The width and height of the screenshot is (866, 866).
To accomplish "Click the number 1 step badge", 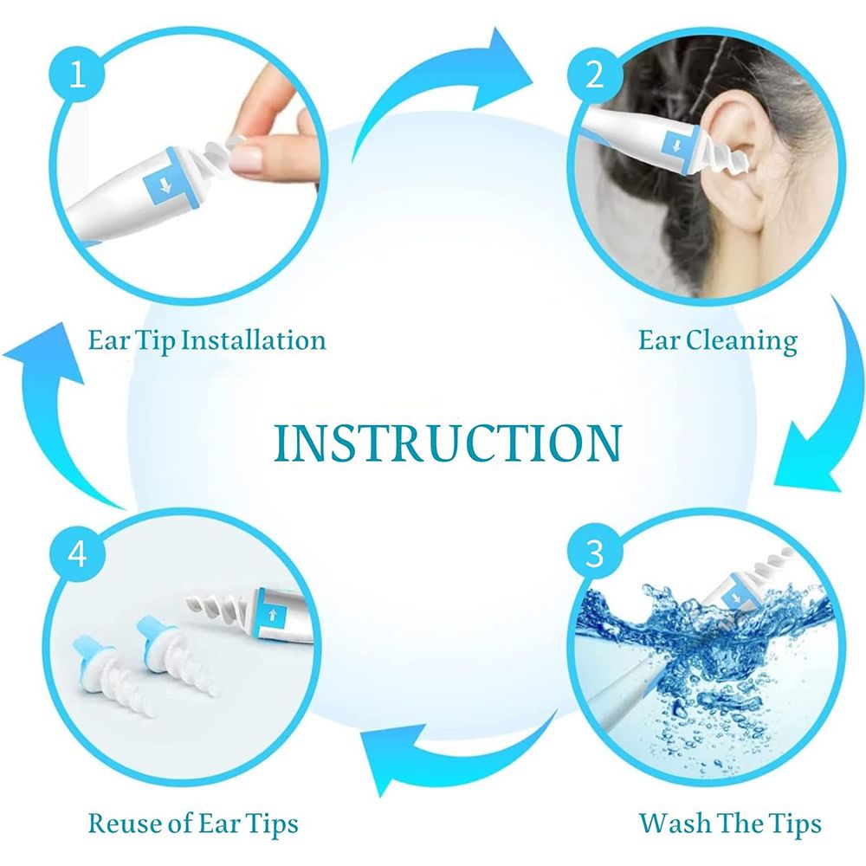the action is [x=77, y=74].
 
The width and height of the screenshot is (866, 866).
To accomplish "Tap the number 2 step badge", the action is [x=595, y=74].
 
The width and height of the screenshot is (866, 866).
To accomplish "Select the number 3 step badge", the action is [x=595, y=553].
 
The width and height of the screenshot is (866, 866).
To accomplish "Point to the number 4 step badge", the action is [x=77, y=553].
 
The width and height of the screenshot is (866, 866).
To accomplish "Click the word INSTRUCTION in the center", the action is [x=448, y=443].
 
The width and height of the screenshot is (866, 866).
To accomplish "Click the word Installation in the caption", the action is [x=254, y=339].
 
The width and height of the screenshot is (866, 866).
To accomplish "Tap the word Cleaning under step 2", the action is [x=742, y=340].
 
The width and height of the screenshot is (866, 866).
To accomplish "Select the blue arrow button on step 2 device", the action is [x=676, y=146].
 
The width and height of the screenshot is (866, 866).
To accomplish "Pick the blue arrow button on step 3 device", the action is [x=735, y=598].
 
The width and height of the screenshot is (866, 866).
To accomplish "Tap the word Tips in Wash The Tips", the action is [x=793, y=824].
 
